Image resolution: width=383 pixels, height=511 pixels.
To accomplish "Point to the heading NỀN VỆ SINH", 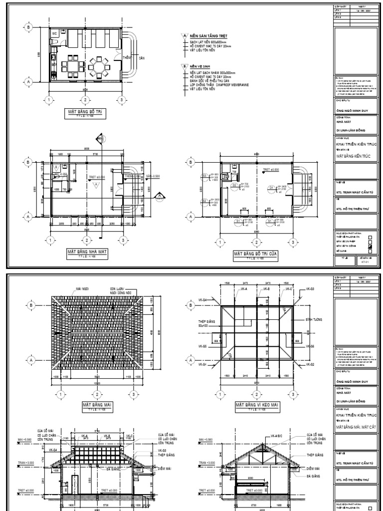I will click(198, 65).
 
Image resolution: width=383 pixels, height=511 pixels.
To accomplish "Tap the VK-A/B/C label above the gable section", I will click(277, 435).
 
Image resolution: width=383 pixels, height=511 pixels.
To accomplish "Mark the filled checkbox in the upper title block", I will click(370, 247).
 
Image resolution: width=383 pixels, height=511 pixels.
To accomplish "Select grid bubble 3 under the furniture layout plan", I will click(121, 100).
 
